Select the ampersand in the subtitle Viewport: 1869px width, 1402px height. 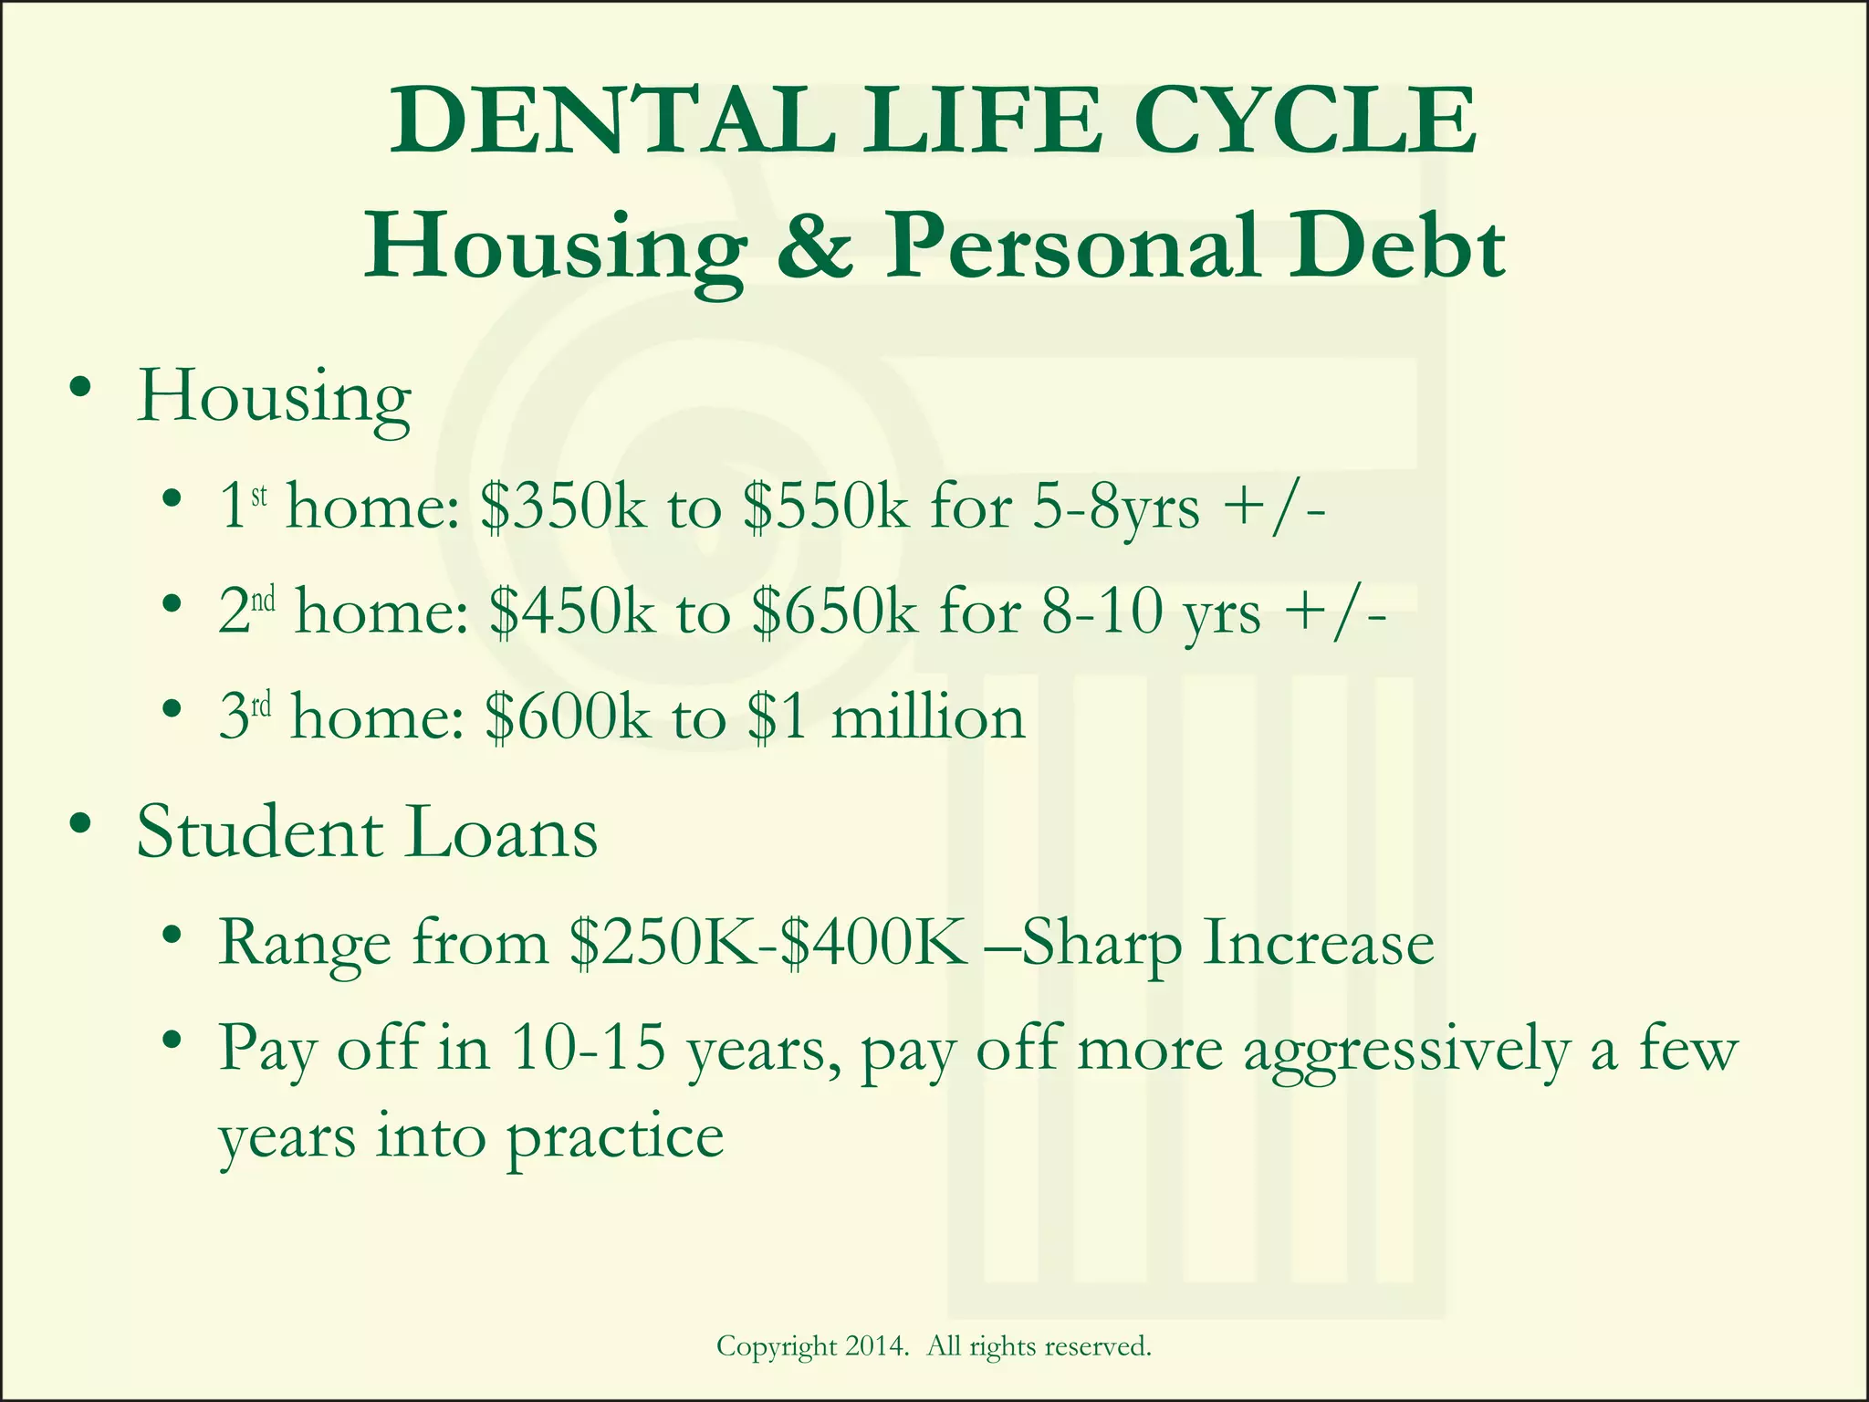[x=815, y=246]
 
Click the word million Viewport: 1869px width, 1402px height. [x=928, y=717]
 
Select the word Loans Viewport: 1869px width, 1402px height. [x=501, y=832]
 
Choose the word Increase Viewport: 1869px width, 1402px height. [x=1318, y=942]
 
